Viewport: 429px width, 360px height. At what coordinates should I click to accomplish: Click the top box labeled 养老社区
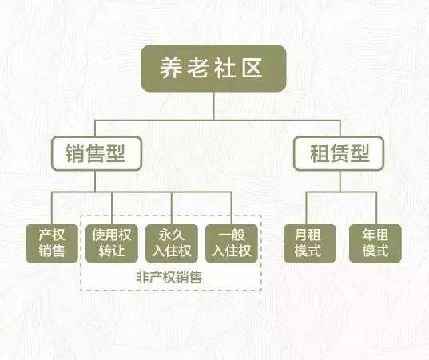coord(213,69)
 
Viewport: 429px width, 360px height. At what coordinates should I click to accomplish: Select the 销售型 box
coord(97,153)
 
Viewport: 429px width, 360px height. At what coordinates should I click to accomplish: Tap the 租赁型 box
coord(339,153)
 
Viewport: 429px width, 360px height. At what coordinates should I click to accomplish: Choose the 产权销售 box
coord(52,243)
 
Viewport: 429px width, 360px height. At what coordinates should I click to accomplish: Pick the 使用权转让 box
coord(112,243)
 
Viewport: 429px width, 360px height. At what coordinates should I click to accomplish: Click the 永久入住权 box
coord(172,243)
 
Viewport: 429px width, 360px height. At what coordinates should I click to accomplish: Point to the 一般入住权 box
coord(232,243)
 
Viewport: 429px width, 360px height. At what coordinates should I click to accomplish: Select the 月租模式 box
coord(310,243)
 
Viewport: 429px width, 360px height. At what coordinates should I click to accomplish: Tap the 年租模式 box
coord(375,243)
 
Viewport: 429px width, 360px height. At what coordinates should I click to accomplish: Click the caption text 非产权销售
coord(169,277)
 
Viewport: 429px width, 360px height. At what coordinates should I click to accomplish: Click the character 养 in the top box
coord(172,68)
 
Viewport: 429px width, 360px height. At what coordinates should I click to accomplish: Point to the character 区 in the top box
coord(252,68)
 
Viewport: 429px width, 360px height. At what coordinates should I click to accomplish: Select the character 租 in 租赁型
coord(320,153)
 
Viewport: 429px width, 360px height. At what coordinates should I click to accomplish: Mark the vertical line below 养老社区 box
coord(213,106)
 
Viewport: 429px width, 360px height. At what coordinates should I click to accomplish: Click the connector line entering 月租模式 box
coord(307,208)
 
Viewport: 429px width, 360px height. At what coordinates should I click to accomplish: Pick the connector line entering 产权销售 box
coord(52,208)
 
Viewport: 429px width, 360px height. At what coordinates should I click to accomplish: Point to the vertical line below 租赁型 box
coord(340,181)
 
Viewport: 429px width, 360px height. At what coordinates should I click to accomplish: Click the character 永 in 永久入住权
coord(165,235)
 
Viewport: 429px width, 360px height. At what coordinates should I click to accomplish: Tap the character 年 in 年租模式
coord(368,235)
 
